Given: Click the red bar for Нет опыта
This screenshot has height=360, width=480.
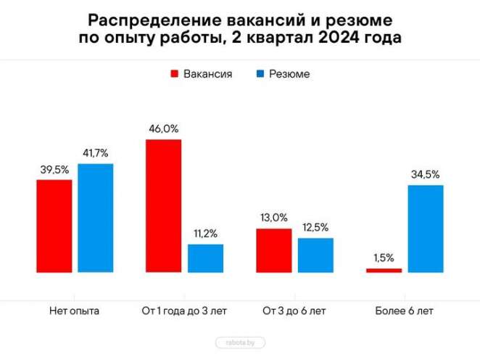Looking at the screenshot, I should (x=54, y=226).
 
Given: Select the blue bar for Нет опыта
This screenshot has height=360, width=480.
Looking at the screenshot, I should (x=96, y=218).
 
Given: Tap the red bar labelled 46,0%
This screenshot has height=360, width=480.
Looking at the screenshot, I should (x=164, y=205).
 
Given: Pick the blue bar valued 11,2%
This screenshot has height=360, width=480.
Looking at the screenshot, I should (x=205, y=258).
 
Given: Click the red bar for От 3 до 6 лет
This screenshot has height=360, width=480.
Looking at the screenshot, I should (x=274, y=250).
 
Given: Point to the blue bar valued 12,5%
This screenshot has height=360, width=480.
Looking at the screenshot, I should (x=315, y=255).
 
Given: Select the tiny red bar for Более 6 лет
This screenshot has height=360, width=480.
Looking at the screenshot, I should (x=384, y=270).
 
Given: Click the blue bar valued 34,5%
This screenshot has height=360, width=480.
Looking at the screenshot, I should (x=426, y=229).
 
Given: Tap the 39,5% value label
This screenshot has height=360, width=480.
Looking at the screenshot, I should (x=54, y=170).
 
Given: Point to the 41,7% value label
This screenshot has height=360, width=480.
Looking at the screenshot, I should (x=96, y=154).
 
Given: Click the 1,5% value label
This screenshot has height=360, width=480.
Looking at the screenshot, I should (x=384, y=258).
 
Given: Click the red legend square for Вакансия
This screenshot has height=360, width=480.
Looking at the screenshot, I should (x=175, y=74).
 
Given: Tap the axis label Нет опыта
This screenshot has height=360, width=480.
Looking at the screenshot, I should (x=75, y=311).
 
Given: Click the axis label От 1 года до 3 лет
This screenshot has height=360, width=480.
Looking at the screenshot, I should (x=184, y=311).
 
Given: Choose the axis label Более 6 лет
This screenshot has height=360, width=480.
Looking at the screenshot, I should (x=405, y=311).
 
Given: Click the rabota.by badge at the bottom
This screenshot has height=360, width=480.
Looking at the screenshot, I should (x=240, y=342).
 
